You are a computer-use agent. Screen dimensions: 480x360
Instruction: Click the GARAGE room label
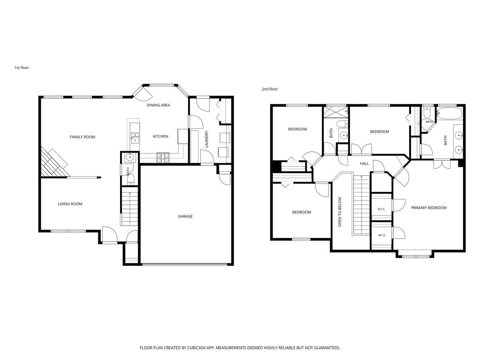(185, 216)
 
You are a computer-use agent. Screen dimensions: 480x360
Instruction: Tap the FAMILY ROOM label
(82, 137)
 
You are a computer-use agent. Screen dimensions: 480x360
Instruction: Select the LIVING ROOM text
(70, 204)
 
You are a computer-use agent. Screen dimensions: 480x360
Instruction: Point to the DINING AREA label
(158, 105)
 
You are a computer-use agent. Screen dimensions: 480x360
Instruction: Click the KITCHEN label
(160, 136)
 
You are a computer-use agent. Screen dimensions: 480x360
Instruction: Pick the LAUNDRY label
(206, 139)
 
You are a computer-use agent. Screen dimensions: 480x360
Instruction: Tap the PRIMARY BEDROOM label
(428, 208)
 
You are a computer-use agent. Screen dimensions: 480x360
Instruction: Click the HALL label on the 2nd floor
(364, 163)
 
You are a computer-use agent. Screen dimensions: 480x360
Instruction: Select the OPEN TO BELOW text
(340, 212)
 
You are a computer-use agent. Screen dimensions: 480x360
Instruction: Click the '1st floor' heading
(22, 67)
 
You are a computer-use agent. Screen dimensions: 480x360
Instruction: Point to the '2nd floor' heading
(270, 89)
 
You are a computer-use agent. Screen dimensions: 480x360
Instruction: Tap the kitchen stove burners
(163, 158)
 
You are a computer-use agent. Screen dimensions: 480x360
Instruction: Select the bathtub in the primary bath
(450, 113)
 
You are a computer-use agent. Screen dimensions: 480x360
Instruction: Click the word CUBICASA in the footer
(196, 348)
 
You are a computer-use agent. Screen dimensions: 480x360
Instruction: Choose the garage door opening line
(185, 264)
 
